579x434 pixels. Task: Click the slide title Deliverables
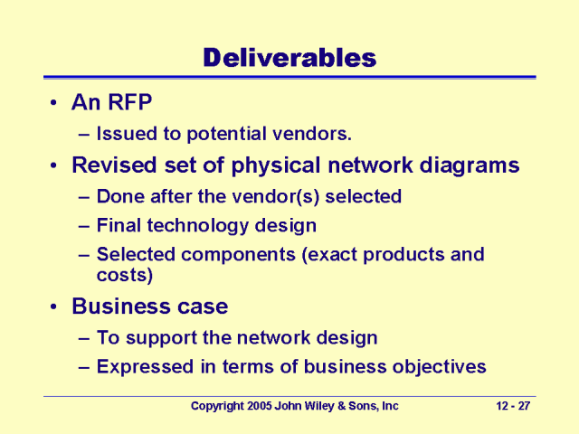[289, 58]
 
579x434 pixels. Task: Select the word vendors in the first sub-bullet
[311, 134]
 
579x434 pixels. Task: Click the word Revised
[115, 165]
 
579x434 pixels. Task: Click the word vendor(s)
[275, 197]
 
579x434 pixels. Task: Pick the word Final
[119, 225]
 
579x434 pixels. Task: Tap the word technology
[197, 226]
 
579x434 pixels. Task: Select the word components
[238, 255]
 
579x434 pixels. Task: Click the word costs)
[125, 275]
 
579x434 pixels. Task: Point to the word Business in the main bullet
[120, 307]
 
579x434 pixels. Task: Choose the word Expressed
[145, 367]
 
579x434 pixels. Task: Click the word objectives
[439, 368]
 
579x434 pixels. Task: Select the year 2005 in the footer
[260, 406]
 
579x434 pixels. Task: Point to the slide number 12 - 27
[513, 406]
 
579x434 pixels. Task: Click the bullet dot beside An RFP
[54, 102]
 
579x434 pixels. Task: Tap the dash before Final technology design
[84, 226]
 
